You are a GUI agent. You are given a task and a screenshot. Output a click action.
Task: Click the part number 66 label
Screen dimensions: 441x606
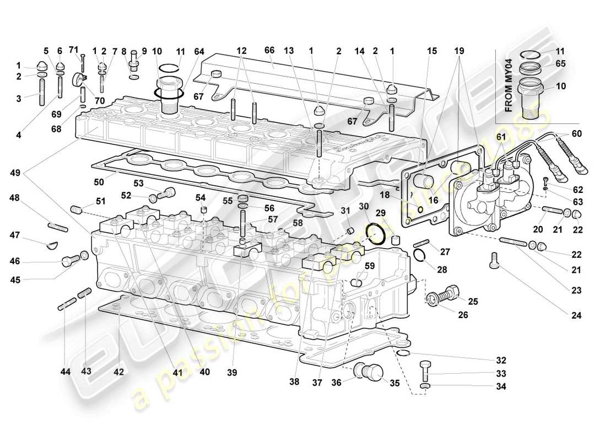269,50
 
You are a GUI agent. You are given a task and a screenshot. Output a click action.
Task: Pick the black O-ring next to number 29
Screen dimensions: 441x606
377,234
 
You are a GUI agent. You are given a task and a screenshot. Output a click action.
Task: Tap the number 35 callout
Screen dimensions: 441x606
394,381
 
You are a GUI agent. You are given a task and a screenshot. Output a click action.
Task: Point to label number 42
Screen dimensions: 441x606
119,372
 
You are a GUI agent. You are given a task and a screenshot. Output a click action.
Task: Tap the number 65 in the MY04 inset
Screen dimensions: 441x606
560,63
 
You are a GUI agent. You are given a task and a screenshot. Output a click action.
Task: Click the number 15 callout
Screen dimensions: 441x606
431,50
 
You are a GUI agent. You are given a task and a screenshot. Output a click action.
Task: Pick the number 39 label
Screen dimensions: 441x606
231,373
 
